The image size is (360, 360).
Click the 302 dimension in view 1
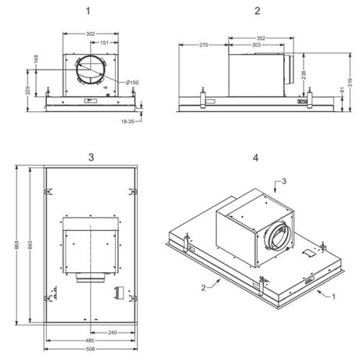tap(90, 34)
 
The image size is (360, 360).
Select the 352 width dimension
tap(260, 38)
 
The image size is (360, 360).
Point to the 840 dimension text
tap(30, 247)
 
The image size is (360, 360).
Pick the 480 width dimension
tap(89, 340)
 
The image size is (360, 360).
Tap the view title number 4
tap(256, 157)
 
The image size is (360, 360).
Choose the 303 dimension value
tap(256, 46)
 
